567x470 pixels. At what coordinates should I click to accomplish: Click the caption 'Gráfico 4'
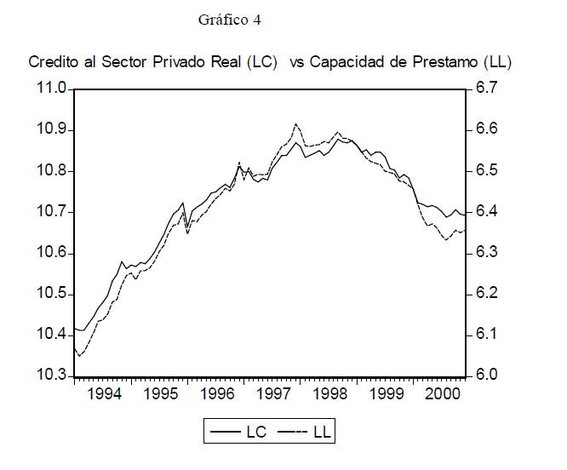[x=229, y=20]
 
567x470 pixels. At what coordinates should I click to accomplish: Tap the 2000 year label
[x=443, y=395]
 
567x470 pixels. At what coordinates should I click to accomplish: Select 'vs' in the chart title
[x=298, y=63]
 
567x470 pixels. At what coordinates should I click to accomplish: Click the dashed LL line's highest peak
[x=295, y=124]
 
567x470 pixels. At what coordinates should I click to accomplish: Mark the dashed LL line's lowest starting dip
[x=79, y=355]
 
